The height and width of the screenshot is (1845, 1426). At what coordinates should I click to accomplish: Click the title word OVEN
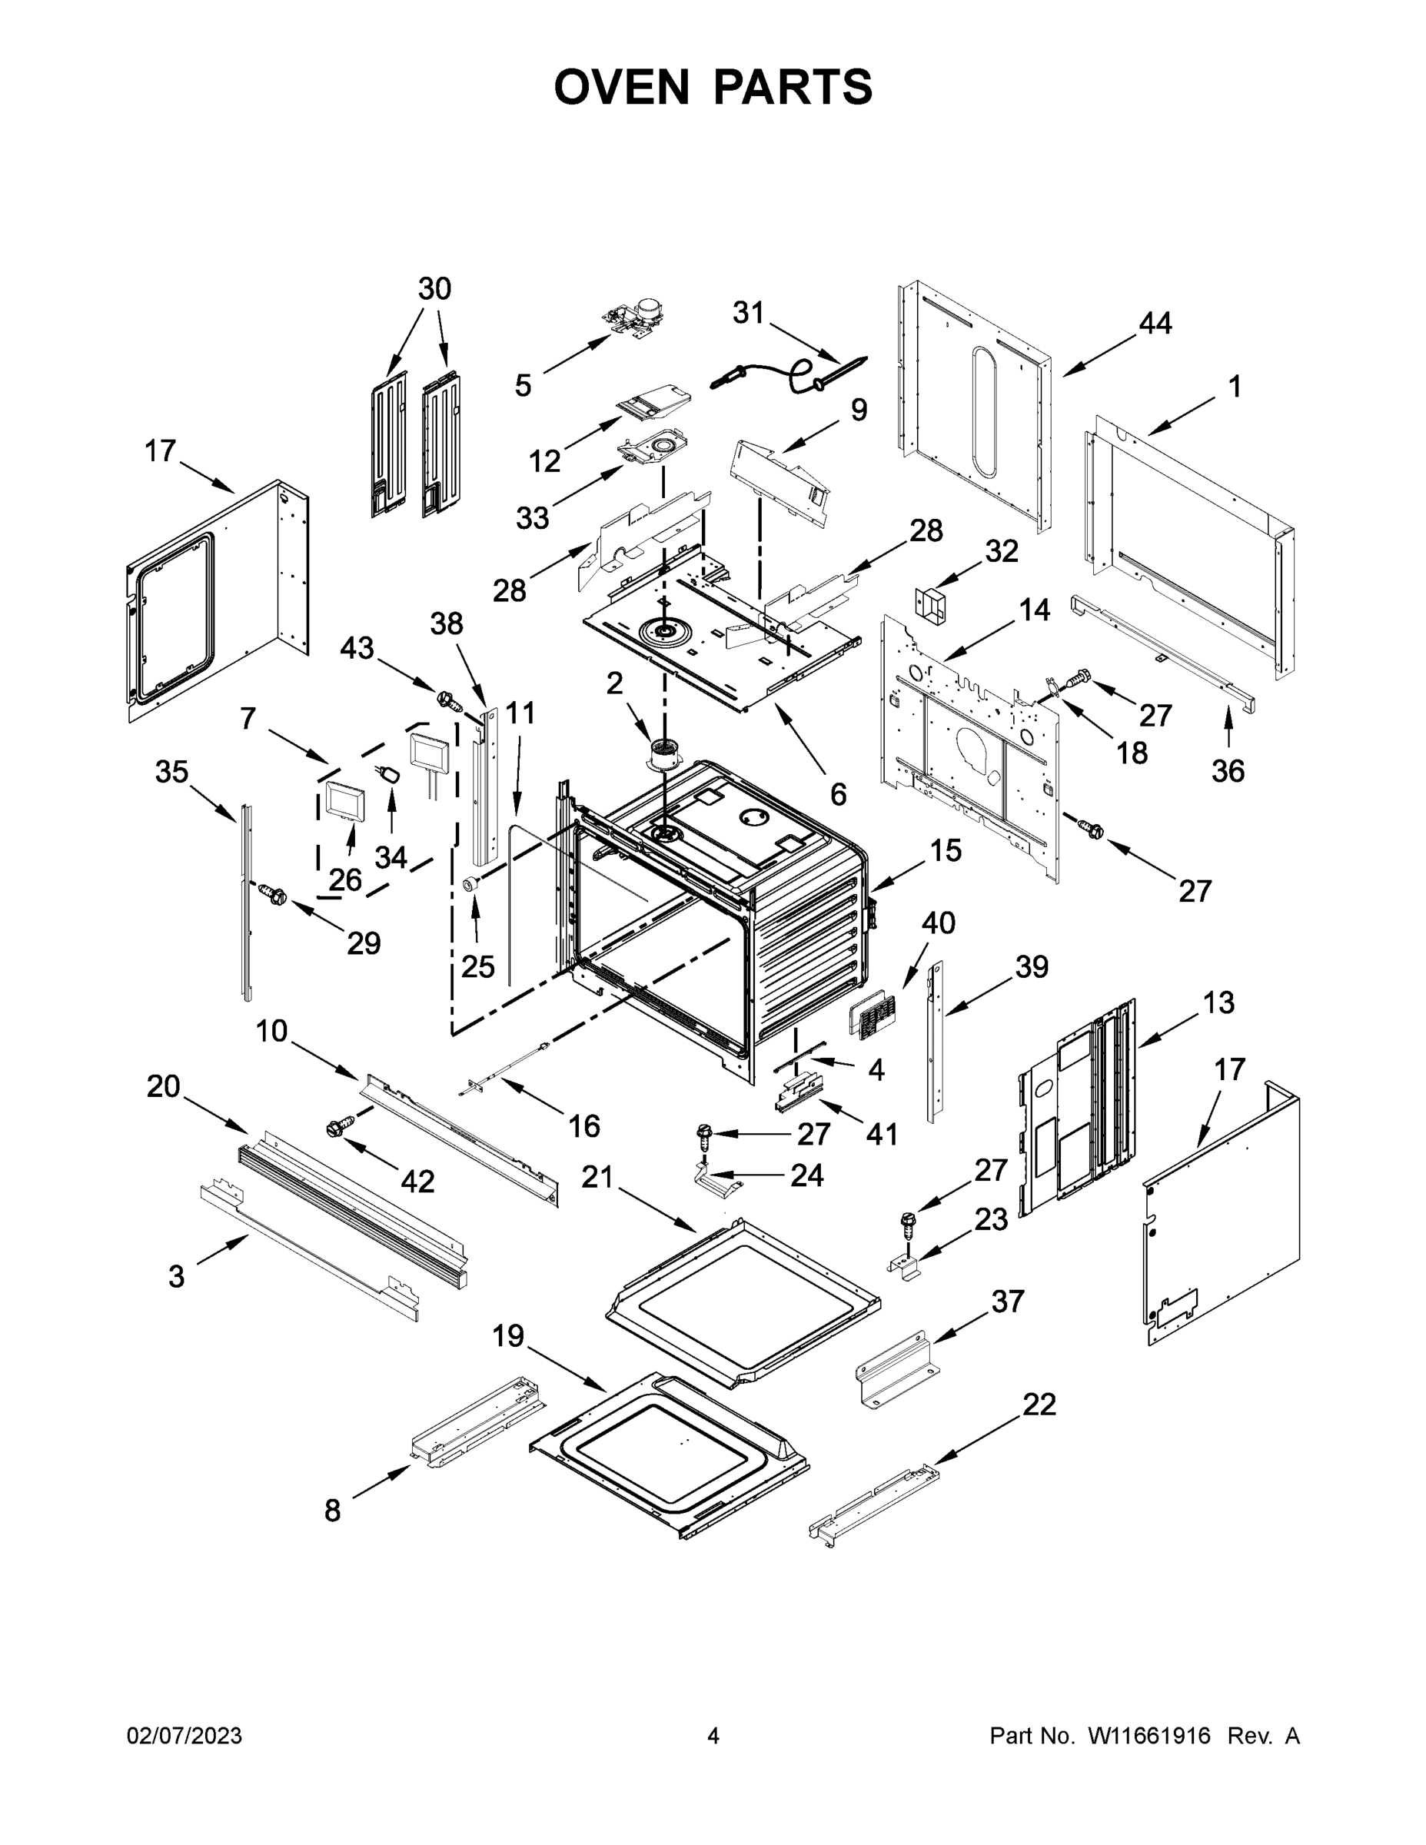coord(621,87)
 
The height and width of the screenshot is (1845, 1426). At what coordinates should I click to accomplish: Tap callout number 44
coord(1155,324)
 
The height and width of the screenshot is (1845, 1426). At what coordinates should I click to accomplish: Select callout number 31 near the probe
coord(748,313)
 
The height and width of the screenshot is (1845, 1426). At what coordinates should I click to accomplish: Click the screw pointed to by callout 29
coord(272,891)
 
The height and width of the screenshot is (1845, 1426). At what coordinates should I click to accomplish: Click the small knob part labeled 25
coord(471,883)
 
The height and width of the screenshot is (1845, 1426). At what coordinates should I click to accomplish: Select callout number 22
coord(1039,1405)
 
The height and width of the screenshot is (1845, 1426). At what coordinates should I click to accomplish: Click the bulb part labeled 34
coord(391,774)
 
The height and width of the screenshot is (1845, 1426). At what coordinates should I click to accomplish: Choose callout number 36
coord(1228,770)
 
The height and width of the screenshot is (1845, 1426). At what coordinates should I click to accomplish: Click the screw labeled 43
coord(447,700)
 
